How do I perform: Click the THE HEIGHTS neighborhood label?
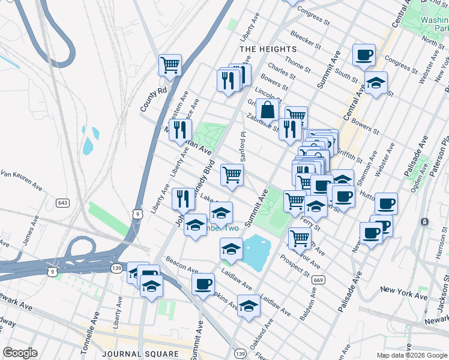268,49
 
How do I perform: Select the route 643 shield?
62,203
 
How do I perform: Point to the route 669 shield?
319,280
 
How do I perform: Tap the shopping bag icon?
268,109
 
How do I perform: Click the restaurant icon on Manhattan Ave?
180,129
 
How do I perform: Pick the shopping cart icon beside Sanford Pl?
232,175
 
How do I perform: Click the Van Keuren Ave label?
22,179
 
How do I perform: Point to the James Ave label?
27,234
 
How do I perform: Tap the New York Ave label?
403,293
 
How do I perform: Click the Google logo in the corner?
20,353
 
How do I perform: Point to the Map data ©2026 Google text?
412,355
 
